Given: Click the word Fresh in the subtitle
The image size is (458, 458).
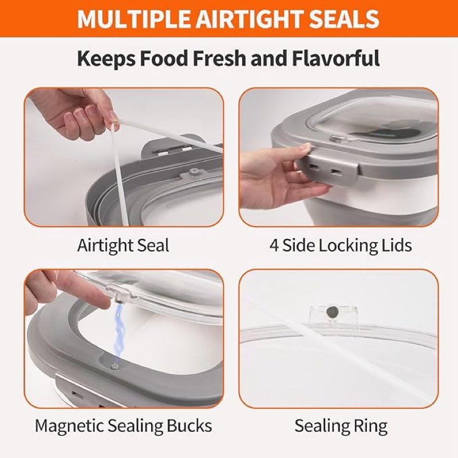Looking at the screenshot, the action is tap(219, 58).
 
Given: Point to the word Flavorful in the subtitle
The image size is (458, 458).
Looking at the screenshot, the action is tap(335, 58).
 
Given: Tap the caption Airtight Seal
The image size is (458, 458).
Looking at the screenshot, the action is tap(123, 246).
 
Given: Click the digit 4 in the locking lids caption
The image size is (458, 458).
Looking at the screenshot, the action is tap(274, 246).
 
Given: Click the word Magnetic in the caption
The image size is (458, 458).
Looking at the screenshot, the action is tap(69, 426).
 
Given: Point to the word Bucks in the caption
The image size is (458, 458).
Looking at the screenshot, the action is tap(189, 425).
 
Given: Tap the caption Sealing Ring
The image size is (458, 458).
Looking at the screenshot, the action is tap(341, 426).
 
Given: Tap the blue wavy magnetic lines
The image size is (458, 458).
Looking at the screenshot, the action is tap(120, 333).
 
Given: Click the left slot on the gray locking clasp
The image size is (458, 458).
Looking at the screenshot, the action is tap(314, 167).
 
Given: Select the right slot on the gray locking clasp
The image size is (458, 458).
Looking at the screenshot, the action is tap(334, 171).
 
